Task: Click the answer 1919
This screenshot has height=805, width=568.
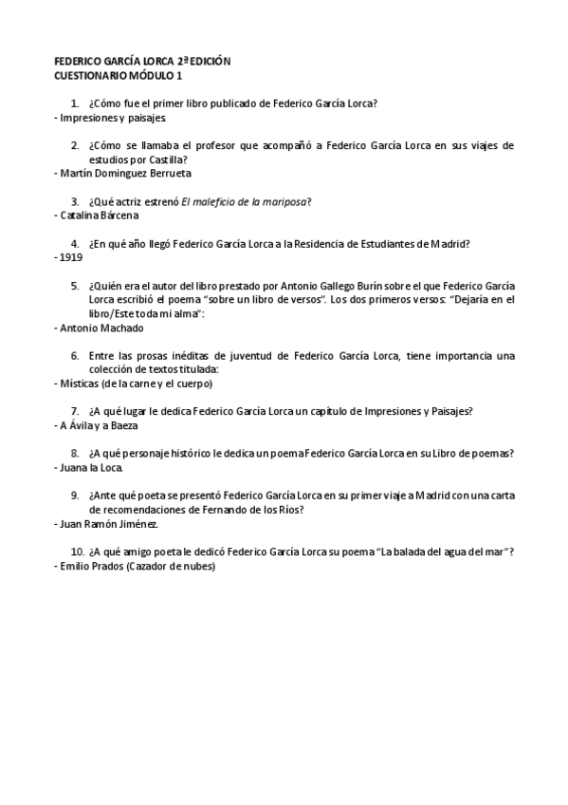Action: [x=71, y=257]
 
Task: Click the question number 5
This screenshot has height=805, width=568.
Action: [x=74, y=285]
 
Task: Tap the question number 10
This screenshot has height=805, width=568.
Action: [x=77, y=552]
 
